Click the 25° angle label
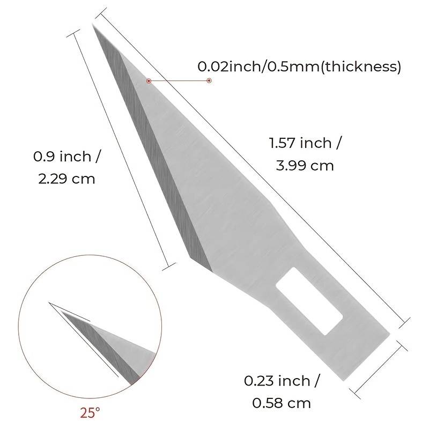[x=90, y=413]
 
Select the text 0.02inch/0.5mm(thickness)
[x=299, y=67]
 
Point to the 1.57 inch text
[x=305, y=144]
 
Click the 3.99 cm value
[x=305, y=166]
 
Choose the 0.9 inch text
[x=67, y=157]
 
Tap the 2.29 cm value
[x=66, y=178]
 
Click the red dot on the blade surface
[x=149, y=80]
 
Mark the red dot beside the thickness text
[x=209, y=80]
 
